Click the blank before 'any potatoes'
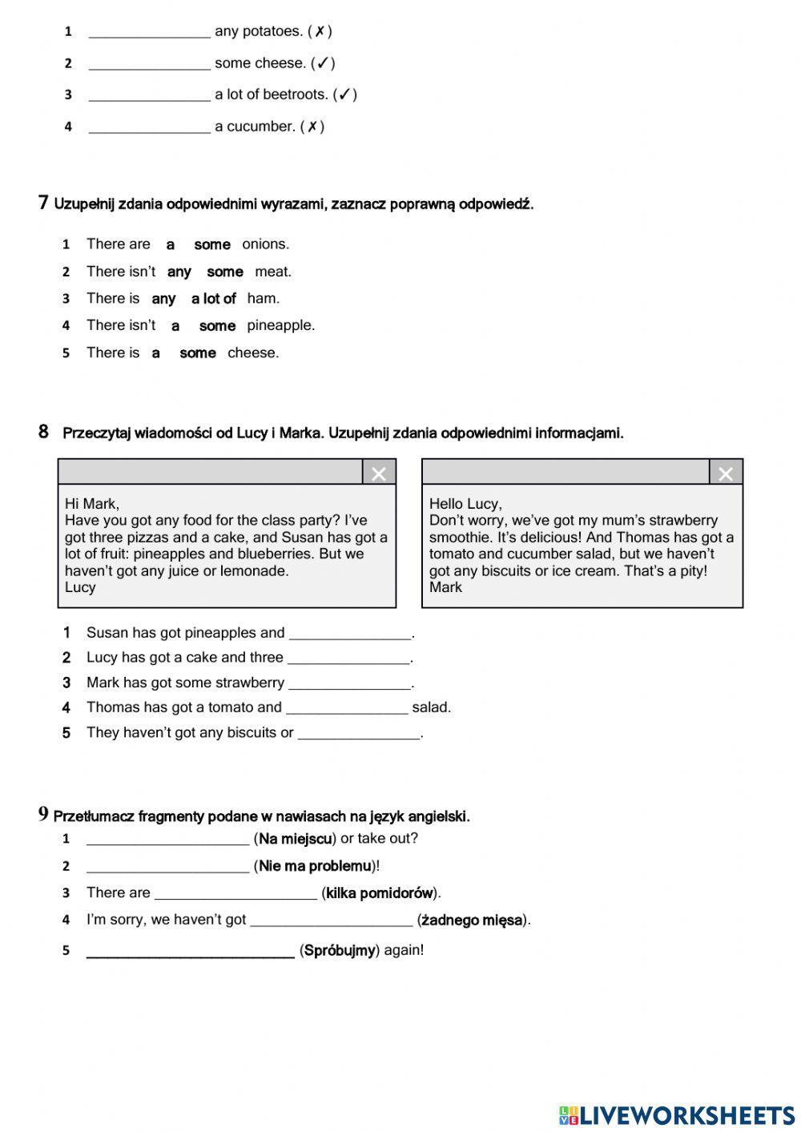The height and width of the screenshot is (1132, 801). click(149, 32)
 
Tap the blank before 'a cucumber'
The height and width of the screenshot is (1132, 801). click(149, 127)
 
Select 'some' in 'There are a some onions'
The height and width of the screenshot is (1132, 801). click(212, 245)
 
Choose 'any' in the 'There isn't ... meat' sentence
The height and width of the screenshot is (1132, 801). click(179, 272)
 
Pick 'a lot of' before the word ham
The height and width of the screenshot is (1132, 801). click(213, 299)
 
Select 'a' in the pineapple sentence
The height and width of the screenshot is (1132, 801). click(175, 326)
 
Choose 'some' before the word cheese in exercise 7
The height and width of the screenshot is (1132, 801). click(198, 353)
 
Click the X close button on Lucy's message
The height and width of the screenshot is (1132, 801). click(379, 473)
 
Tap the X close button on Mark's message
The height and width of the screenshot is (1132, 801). click(726, 473)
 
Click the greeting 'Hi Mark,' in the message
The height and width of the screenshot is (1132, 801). click(92, 504)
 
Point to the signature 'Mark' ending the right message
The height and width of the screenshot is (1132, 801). click(445, 587)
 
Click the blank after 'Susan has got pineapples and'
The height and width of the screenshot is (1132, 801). click(350, 634)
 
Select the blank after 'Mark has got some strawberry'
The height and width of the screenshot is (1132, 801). click(350, 684)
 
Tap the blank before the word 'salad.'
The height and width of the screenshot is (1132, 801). click(347, 708)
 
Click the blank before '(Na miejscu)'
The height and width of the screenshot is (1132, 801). click(167, 840)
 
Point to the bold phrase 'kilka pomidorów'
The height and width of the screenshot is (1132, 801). click(380, 893)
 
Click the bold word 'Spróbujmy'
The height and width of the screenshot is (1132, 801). click(340, 951)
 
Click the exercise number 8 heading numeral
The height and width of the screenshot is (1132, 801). click(43, 432)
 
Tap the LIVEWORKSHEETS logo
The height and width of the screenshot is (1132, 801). click(676, 1115)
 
